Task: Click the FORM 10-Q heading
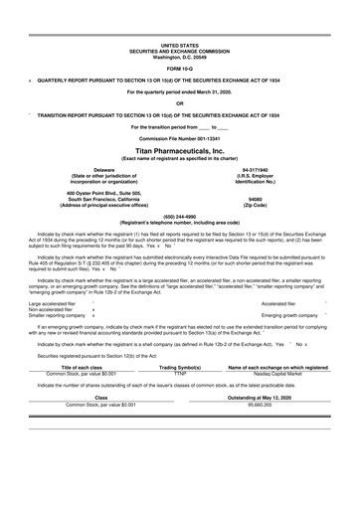click(x=179, y=68)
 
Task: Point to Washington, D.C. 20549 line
click(x=179, y=56)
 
